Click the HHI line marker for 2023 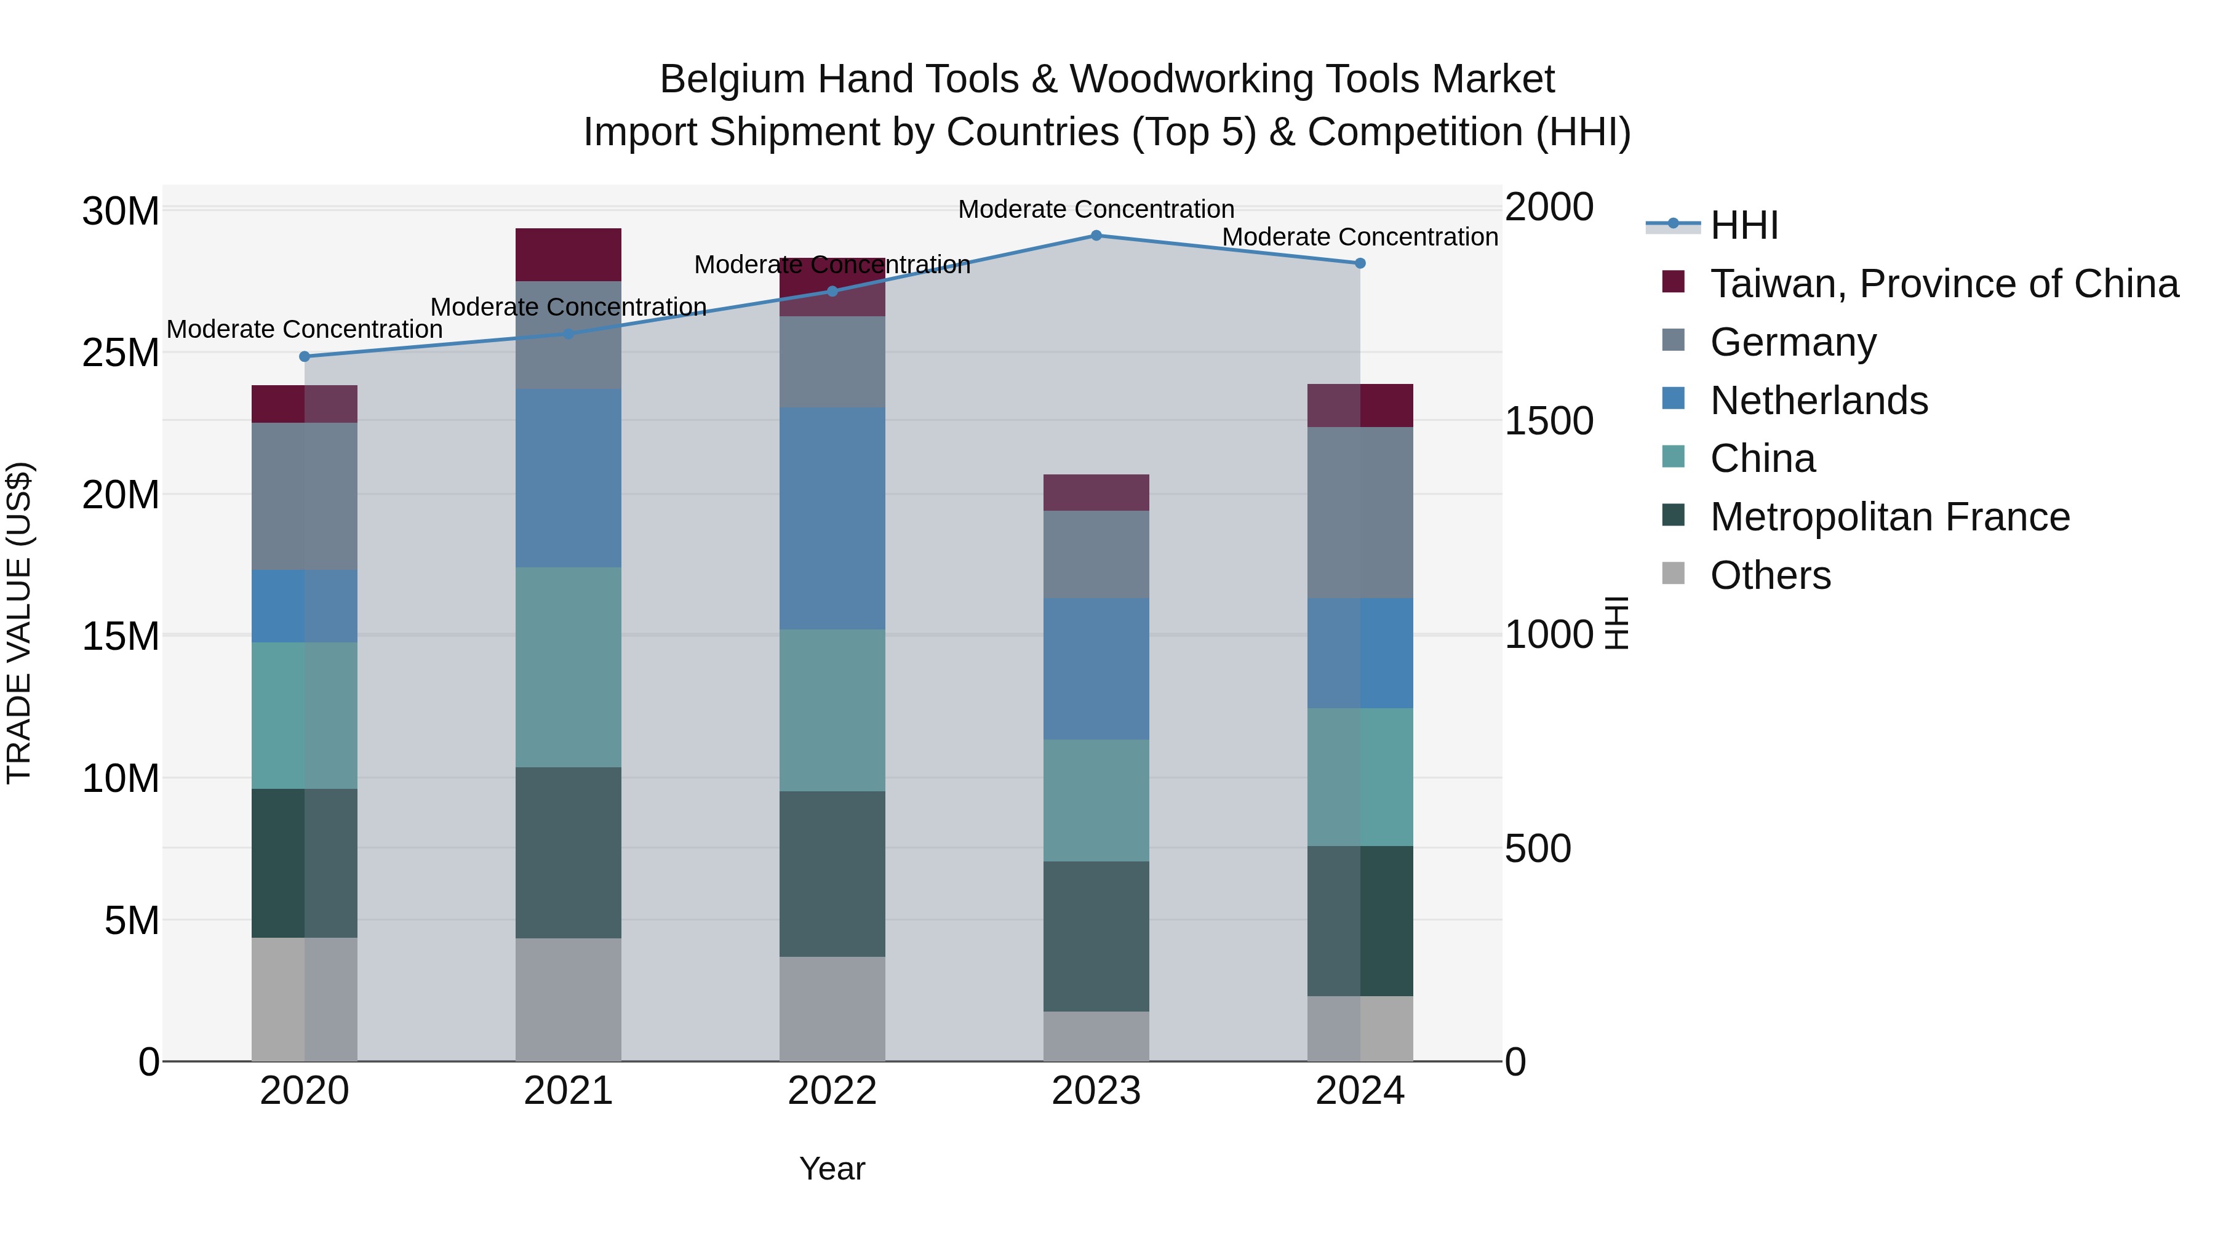tap(1096, 236)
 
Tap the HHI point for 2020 tap(305, 356)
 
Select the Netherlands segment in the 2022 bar tap(832, 519)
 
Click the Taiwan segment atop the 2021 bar tap(569, 255)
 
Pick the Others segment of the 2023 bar tap(1096, 1036)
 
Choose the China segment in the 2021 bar tap(569, 666)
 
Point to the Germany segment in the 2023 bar tap(1096, 554)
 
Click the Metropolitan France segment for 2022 tap(832, 874)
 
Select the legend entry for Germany tap(1793, 342)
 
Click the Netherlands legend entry tap(1819, 401)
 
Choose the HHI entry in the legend tap(1744, 225)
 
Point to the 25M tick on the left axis tap(121, 353)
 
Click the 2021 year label tap(569, 1091)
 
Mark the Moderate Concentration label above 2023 tap(1096, 210)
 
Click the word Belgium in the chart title tap(731, 80)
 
